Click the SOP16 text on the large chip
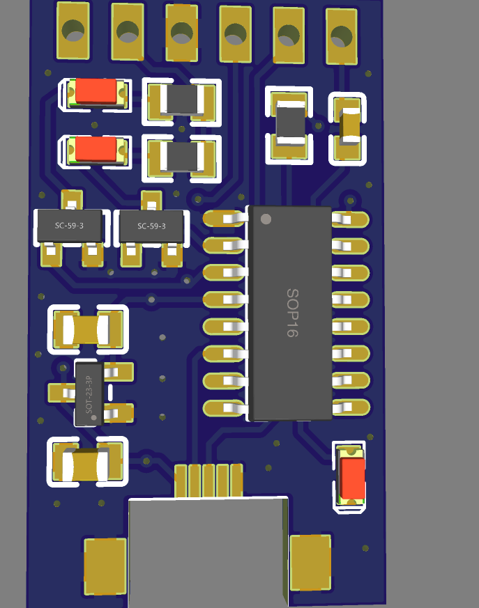pos(291,313)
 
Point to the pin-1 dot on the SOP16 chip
pos(265,219)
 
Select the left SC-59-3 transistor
pos(69,226)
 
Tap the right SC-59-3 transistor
pos(151,226)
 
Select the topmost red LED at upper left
pos(96,91)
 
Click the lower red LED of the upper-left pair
pos(96,149)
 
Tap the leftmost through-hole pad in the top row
pos(73,31)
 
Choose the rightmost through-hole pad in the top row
pos(341,36)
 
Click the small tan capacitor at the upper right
pos(348,126)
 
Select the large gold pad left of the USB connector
pos(106,566)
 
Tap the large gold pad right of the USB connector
pos(310,563)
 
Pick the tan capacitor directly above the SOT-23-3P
pos(87,329)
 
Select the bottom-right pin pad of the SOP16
pos(351,407)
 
